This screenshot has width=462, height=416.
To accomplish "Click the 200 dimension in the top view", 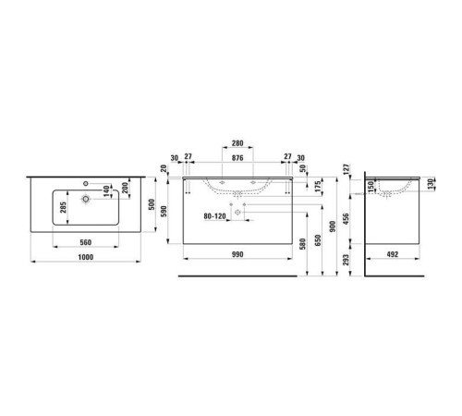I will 125,189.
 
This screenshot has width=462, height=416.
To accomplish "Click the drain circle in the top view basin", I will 84,198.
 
